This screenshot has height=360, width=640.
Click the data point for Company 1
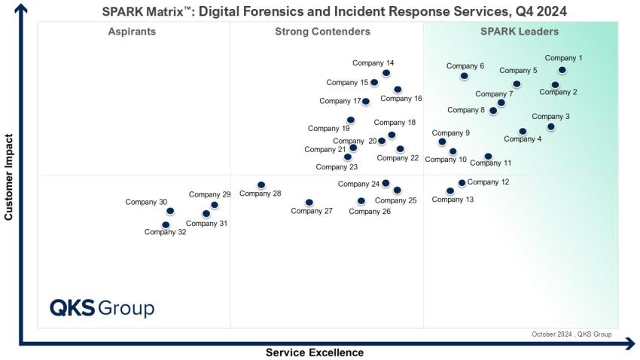[562, 70]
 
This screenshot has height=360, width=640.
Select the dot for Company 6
[464, 76]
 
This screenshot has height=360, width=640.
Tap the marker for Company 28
[261, 185]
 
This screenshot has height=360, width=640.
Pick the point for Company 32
[166, 224]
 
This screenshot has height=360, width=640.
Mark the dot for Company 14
[386, 73]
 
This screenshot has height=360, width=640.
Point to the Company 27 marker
[309, 203]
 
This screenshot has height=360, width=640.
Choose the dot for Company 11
[488, 157]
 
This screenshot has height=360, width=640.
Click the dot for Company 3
[550, 127]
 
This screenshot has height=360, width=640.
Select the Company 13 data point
[450, 191]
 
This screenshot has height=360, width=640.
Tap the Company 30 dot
[170, 211]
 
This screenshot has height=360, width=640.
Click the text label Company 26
[370, 212]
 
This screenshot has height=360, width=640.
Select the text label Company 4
[523, 139]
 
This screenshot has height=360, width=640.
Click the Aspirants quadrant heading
[132, 32]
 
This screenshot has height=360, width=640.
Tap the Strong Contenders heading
[322, 32]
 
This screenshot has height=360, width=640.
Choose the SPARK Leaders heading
[520, 32]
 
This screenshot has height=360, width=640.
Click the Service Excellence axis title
[315, 352]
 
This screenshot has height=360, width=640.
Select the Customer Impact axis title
[10, 177]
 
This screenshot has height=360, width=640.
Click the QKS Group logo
[102, 308]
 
